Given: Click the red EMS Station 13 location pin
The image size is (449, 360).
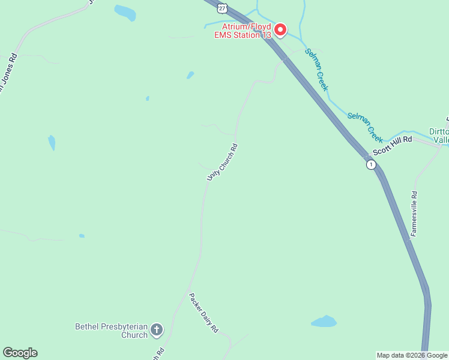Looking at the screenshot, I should pyautogui.click(x=280, y=29).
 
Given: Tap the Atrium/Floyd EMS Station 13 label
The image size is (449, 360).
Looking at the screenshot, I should pyautogui.click(x=243, y=31).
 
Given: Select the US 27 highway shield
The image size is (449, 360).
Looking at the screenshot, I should pyautogui.click(x=223, y=7).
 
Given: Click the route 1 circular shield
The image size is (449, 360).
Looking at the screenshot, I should pyautogui.click(x=372, y=164).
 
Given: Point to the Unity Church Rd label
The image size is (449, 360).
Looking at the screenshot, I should pyautogui.click(x=222, y=162).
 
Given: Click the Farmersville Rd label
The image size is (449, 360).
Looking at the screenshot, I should pyautogui.click(x=414, y=214).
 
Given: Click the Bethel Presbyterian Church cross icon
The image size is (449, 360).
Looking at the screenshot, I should pyautogui.click(x=157, y=329).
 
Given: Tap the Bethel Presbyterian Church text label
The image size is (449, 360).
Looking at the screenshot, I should pyautogui.click(x=111, y=331).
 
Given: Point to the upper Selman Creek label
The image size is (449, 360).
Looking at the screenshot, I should pyautogui.click(x=316, y=69).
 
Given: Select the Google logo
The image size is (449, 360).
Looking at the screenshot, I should pyautogui.click(x=20, y=353).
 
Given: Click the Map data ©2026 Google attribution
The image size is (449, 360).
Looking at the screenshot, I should pyautogui.click(x=412, y=355).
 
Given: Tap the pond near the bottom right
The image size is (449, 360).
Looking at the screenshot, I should pyautogui.click(x=324, y=321).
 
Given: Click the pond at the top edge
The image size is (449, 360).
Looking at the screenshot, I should pyautogui.click(x=125, y=12).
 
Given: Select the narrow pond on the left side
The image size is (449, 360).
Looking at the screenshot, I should pyautogui.click(x=52, y=143).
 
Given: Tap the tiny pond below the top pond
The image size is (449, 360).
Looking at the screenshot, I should pyautogui.click(x=190, y=76).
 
